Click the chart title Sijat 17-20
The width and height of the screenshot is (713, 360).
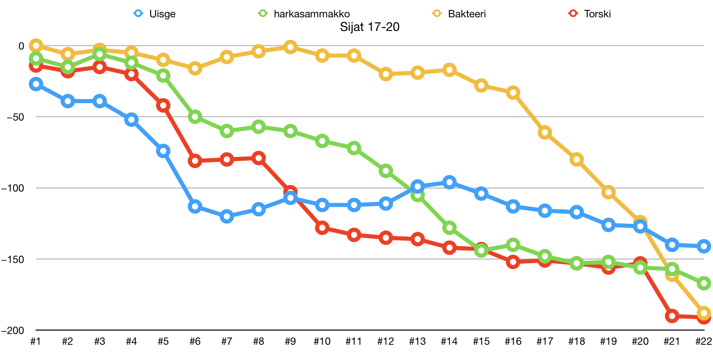pos(369,27)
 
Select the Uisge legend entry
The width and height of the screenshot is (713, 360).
pos(155,14)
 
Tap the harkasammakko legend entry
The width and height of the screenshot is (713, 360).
pos(304,14)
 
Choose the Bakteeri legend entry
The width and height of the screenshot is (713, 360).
pos(459,14)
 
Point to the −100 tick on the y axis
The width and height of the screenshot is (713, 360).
pos(13,188)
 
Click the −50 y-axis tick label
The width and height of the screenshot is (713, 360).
pos(15,117)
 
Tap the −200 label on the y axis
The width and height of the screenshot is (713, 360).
pos(13,331)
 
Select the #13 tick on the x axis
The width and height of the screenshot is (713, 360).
pos(417,341)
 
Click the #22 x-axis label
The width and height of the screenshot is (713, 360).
pos(704,341)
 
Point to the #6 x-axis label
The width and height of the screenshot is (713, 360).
pos(195,341)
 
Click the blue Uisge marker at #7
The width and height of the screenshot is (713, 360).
pos(227,216)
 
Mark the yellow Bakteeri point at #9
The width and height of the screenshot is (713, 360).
pos(290,47)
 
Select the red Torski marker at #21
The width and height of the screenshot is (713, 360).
pos(672,316)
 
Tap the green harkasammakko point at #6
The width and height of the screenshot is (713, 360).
pos(195,117)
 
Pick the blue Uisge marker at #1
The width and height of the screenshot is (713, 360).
pos(36,84)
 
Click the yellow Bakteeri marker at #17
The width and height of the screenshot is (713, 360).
pos(545,133)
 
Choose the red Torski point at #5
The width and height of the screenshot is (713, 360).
pos(163,105)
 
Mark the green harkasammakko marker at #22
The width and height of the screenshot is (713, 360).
pos(704,283)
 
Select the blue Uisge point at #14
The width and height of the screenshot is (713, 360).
pos(449,182)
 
